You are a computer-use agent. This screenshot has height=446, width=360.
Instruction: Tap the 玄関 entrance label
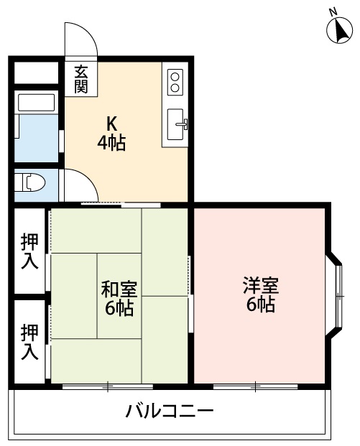pyautogui.click(x=80, y=78)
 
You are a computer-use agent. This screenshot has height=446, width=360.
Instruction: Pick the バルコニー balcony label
pyautogui.click(x=170, y=412)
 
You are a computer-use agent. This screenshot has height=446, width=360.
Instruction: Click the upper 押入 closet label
pyautogui.click(x=29, y=251)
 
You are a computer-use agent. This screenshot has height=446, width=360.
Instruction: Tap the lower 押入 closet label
pyautogui.click(x=29, y=342)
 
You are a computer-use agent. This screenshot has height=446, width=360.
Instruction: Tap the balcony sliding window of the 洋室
pyautogui.click(x=255, y=387)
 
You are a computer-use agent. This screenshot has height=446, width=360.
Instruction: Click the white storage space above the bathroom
pyautogui.click(x=36, y=74)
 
